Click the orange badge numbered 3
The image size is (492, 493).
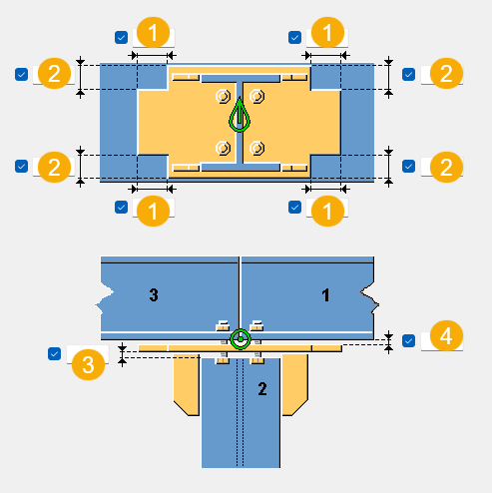tap(88, 364)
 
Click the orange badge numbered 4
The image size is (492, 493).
tap(446, 336)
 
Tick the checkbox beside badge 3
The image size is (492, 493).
tap(54, 353)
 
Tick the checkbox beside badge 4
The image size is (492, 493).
tap(408, 340)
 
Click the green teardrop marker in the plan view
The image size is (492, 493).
tap(240, 115)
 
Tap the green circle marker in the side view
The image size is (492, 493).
tap(241, 339)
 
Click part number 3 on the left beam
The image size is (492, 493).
tap(154, 294)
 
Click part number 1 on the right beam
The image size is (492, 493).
tap(325, 295)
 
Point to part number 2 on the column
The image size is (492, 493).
tap(262, 388)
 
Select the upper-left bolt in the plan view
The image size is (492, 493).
tap(223, 97)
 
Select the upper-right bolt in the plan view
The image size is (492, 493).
tap(257, 97)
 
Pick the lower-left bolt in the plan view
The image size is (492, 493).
tap(223, 148)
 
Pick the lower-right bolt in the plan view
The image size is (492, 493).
tap(257, 148)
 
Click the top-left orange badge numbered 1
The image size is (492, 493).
tap(153, 33)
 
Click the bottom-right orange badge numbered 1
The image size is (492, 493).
tap(327, 211)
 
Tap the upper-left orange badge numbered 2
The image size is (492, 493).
tap(54, 74)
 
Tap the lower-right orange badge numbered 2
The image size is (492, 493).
tap(446, 167)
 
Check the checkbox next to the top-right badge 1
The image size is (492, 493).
tap(294, 37)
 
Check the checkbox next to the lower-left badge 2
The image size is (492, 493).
tap(21, 166)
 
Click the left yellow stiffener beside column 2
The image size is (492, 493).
tap(187, 384)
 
